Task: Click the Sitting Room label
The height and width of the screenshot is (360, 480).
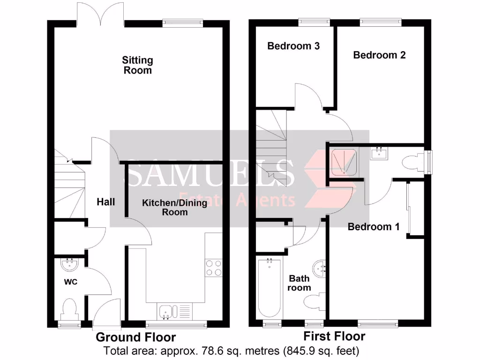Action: pos(137,65)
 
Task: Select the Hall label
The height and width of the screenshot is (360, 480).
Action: pos(106,202)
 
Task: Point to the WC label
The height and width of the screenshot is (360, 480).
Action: pos(70,282)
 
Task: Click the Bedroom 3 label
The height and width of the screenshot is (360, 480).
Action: pos(293,46)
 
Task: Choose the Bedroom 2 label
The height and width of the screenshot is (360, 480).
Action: pos(379,55)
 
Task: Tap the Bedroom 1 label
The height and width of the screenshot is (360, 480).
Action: pos(373,227)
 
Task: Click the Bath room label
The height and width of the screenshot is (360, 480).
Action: pos(300,283)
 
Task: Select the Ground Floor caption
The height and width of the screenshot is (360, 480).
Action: pos(136,337)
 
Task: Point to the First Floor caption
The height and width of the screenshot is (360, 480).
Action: pos(334,336)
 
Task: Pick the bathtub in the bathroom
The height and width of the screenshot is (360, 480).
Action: pos(269,287)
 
